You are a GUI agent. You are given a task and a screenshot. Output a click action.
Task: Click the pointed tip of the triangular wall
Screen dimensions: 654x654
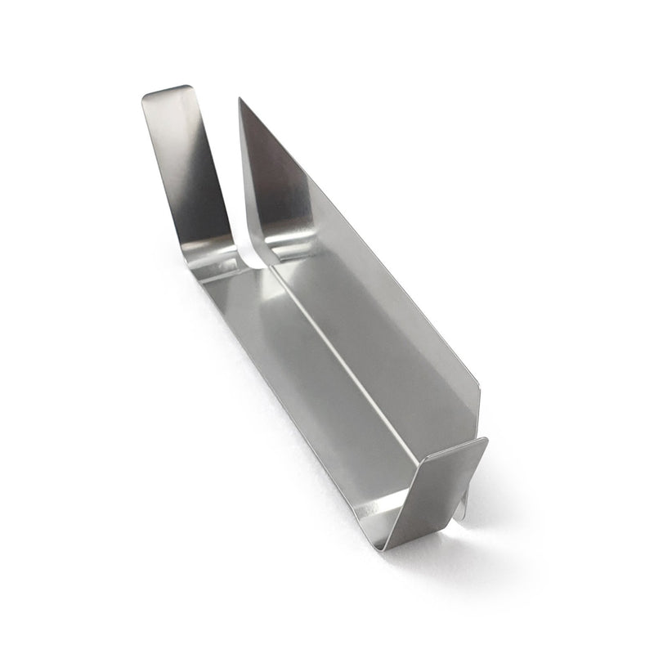(240, 101)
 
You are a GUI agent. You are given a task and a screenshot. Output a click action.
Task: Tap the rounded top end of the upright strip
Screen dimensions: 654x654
(168, 91)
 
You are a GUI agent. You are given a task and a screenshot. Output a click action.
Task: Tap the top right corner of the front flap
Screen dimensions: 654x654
(486, 441)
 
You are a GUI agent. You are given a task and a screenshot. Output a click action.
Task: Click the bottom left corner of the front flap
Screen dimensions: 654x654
(387, 546)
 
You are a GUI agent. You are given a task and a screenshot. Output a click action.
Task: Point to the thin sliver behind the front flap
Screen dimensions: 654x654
(463, 507)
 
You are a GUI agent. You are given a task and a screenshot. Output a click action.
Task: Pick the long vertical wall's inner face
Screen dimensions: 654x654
(384, 327)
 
